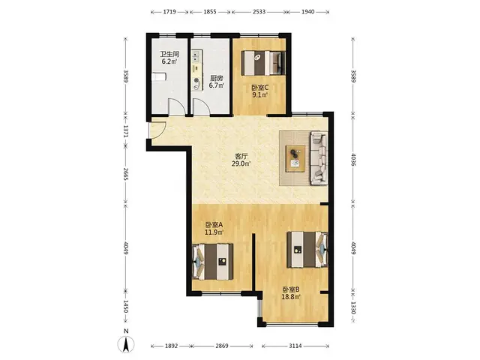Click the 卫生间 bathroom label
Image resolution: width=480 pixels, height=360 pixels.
coord(169,54)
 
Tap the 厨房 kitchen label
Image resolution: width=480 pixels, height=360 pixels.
coord(217,78)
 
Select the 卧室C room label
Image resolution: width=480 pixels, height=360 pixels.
coord(260,88)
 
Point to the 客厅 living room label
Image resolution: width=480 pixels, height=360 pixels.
coord(241,156)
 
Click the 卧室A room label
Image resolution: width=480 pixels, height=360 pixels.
coord(214,225)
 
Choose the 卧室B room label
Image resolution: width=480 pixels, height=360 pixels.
coord(290,289)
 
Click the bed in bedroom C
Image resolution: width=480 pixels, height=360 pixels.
coord(263,63)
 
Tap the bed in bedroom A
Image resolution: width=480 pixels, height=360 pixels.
coord(212,262)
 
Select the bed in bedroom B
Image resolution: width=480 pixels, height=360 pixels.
coord(307,250)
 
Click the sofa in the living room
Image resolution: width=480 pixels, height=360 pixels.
coord(319,158)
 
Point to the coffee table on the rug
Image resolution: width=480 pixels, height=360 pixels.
coord(295,158)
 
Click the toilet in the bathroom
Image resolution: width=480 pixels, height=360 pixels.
coord(159,76)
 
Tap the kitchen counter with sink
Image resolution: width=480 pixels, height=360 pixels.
coord(196,70)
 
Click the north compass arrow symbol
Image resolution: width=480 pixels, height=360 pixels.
coord(126,344)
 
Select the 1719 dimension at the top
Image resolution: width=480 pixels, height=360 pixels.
coord(169,12)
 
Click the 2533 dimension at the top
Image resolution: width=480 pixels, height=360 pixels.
coord(259,12)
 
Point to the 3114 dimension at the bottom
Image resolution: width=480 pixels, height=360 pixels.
coord(295,346)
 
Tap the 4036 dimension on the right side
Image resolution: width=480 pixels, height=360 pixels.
coord(353,160)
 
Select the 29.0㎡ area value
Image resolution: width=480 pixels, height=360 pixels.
coord(241,163)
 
